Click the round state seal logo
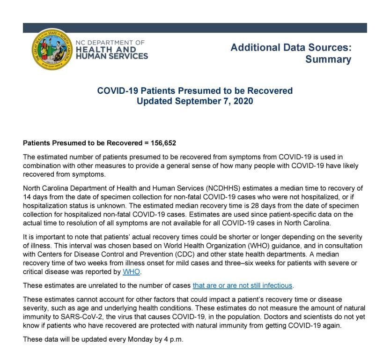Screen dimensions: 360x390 52,49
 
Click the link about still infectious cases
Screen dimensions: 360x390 243,285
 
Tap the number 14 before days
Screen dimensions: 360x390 27,197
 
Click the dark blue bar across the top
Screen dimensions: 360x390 195,28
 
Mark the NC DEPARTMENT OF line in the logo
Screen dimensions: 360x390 110,43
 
